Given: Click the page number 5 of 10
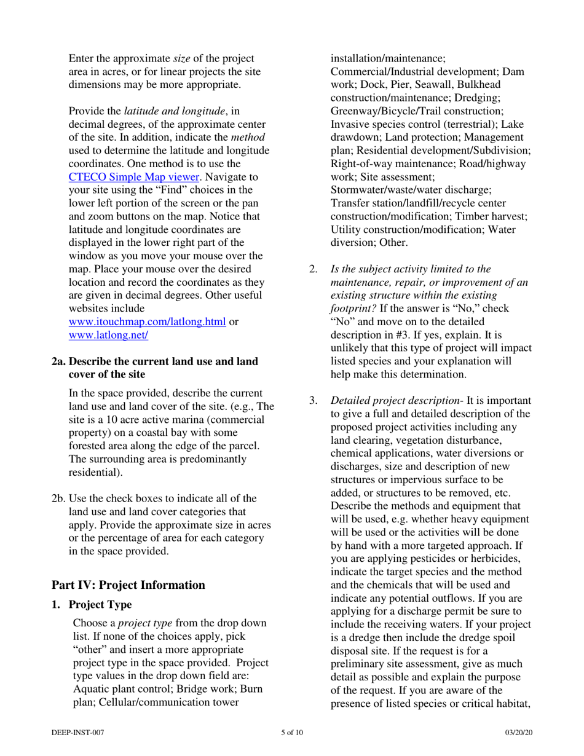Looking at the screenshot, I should [292, 733].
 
